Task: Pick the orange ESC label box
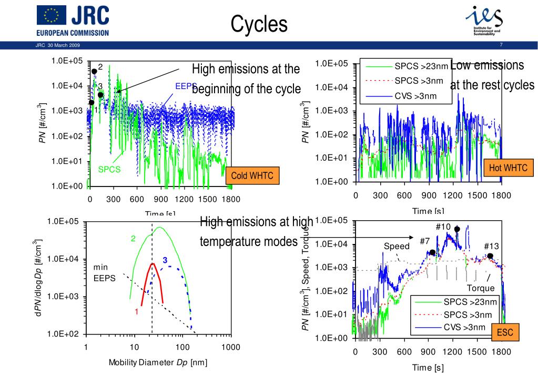(504, 332)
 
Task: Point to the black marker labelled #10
(457, 229)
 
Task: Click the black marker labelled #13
(490, 256)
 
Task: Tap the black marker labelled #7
(432, 252)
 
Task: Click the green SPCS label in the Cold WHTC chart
(109, 170)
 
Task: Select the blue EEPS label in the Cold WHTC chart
(185, 86)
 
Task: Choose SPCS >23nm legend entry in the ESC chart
(470, 302)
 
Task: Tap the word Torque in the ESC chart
(481, 288)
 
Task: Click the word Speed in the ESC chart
(396, 247)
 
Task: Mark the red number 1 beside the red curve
(136, 311)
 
